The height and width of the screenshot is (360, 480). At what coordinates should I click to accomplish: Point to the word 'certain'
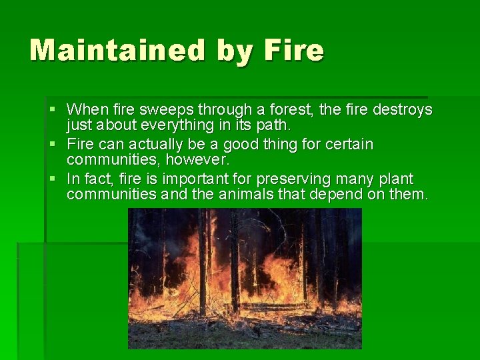(350, 145)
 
